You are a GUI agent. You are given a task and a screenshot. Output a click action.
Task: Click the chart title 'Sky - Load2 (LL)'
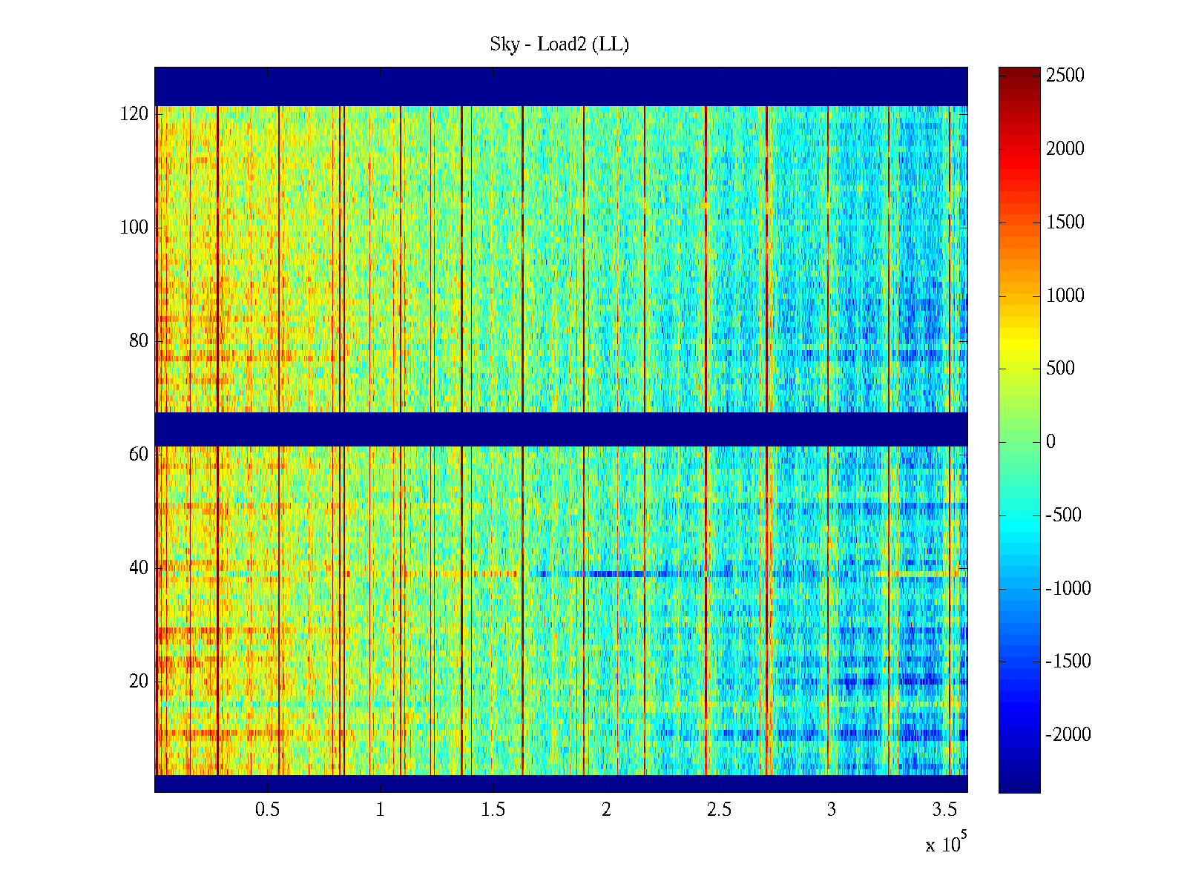(559, 44)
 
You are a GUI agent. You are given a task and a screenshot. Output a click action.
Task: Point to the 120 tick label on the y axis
(134, 114)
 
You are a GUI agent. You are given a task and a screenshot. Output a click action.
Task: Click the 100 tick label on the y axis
(134, 228)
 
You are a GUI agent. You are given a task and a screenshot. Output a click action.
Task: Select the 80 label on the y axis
(139, 341)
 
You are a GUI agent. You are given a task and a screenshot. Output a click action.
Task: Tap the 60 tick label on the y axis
(139, 455)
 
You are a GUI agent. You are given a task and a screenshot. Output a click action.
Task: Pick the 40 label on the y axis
(139, 568)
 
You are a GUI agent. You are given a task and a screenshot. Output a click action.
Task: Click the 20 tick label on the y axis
(139, 682)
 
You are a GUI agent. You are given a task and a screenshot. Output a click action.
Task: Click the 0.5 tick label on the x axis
(267, 810)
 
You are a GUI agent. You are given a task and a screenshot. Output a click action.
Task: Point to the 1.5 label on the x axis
(493, 810)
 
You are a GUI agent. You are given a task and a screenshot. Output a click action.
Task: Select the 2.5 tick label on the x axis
(718, 810)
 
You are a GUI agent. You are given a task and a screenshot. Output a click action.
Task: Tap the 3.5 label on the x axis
(944, 810)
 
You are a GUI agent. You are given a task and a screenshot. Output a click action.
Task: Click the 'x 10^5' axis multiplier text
(946, 844)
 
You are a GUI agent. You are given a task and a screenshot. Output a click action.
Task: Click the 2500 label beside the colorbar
(1065, 76)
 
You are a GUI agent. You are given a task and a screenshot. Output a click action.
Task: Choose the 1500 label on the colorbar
(1065, 222)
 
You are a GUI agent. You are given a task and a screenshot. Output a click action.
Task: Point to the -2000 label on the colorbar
(1068, 735)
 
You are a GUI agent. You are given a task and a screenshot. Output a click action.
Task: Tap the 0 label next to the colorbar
(1050, 442)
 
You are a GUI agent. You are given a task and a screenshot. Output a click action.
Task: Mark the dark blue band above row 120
(561, 86)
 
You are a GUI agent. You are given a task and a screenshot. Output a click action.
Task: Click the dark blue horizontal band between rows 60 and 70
(561, 429)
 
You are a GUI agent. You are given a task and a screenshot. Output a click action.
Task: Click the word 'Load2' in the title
(562, 44)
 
